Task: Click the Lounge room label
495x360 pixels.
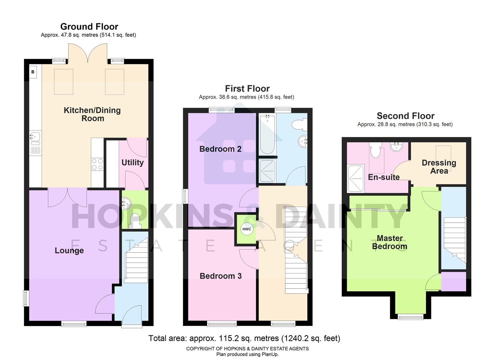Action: pyautogui.click(x=69, y=251)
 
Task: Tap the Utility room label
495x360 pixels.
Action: pyautogui.click(x=132, y=163)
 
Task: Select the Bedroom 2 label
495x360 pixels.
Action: pyautogui.click(x=220, y=149)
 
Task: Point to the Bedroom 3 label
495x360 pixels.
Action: pyautogui.click(x=221, y=276)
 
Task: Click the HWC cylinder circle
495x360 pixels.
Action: pyautogui.click(x=247, y=229)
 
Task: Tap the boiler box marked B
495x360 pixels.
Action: pyautogui.click(x=33, y=72)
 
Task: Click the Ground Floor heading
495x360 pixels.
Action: pyautogui.click(x=89, y=27)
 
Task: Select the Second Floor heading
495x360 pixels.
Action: pyautogui.click(x=405, y=116)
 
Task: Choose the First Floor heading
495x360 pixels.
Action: pyautogui.click(x=247, y=89)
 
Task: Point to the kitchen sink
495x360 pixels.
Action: pyautogui.click(x=35, y=136)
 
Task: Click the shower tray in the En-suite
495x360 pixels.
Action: pyautogui.click(x=355, y=179)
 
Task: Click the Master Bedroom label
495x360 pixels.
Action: pyautogui.click(x=390, y=242)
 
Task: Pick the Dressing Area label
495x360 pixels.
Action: pyautogui.click(x=439, y=167)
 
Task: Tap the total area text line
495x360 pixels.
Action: pyautogui.click(x=244, y=339)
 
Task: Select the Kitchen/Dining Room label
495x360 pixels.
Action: pyautogui.click(x=92, y=114)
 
